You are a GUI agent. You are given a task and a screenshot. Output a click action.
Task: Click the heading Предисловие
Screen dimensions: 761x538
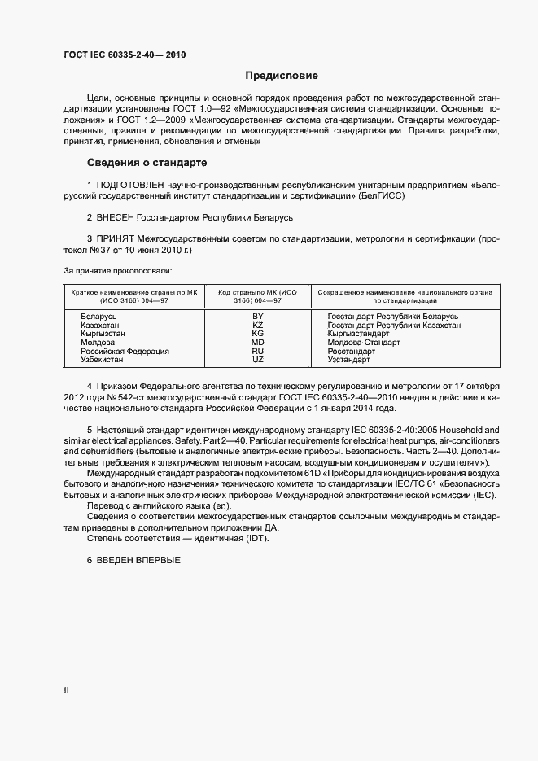pyautogui.click(x=282, y=77)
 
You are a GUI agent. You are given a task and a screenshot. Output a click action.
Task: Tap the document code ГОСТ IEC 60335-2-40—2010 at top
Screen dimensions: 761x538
pyautogui.click(x=125, y=55)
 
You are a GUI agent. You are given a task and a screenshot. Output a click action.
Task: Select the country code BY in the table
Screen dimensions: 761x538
pyautogui.click(x=258, y=316)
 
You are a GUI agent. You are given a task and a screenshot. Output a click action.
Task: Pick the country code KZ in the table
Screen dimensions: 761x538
pyautogui.click(x=258, y=325)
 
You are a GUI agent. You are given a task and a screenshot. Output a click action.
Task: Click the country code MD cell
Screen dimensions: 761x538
pyautogui.click(x=258, y=343)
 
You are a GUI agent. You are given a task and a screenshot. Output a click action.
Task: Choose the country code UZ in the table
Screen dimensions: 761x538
pyautogui.click(x=258, y=360)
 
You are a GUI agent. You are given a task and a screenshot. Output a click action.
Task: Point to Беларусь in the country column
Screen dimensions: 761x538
pyautogui.click(x=99, y=316)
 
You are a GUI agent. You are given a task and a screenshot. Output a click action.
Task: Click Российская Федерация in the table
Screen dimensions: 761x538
pyautogui.click(x=125, y=352)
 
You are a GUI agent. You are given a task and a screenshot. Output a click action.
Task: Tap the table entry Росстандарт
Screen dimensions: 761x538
pyautogui.click(x=351, y=352)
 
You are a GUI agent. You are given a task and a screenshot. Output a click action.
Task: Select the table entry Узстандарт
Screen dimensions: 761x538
pyautogui.click(x=348, y=360)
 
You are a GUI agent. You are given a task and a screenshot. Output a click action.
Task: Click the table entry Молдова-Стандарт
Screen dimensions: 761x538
pyautogui.click(x=363, y=343)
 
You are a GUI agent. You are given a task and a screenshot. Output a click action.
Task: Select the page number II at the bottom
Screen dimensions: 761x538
pyautogui.click(x=66, y=689)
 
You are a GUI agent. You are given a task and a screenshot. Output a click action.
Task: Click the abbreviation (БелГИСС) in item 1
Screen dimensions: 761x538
pyautogui.click(x=381, y=196)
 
